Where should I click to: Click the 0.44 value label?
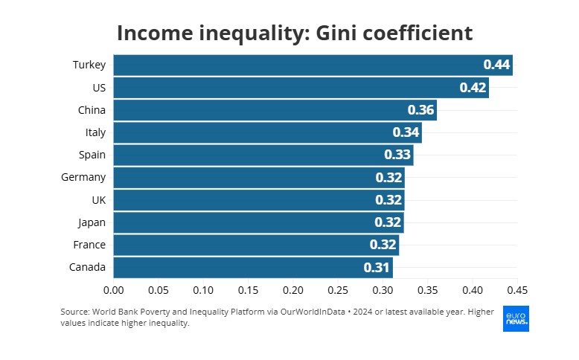point(496,65)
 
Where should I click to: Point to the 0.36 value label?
point(420,110)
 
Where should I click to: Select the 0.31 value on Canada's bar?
point(377,267)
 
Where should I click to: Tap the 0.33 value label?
point(397,155)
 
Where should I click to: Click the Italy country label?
point(95,132)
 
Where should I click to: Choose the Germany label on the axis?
point(83,177)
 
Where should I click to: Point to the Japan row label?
point(92,222)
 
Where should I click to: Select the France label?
point(89,245)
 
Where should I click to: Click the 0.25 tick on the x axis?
point(338,289)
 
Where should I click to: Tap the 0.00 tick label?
point(113,289)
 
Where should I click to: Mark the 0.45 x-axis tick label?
point(517,289)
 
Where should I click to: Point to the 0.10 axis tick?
point(203,289)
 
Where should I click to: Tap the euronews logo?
point(516,318)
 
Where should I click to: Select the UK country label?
point(98,200)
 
